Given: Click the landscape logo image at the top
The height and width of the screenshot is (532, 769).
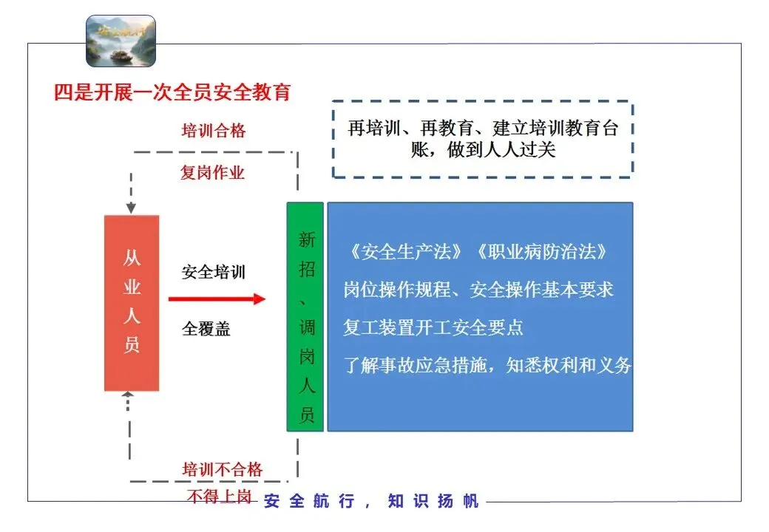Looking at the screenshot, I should coord(121,41).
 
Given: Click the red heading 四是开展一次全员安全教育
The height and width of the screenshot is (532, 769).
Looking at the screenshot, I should coord(172,92).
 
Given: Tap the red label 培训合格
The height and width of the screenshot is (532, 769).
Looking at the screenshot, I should coord(214,132).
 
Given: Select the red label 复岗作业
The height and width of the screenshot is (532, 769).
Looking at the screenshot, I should coord(213,173).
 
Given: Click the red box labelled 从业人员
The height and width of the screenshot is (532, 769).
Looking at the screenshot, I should coord(132,302).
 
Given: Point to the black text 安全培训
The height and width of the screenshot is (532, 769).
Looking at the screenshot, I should coord(214,272).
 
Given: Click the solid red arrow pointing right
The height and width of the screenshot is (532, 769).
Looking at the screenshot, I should coord(216,299).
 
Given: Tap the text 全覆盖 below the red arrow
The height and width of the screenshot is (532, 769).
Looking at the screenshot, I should coord(206,329).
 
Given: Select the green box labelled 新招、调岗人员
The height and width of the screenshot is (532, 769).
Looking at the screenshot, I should coord(305,316).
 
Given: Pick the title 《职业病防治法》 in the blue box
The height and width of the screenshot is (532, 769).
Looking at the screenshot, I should coord(541,252).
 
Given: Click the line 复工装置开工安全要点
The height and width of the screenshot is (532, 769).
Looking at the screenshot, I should coord(433,327).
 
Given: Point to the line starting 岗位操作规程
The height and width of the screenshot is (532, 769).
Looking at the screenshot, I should coord(478,290).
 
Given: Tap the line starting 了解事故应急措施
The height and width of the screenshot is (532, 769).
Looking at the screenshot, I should coord(487,365).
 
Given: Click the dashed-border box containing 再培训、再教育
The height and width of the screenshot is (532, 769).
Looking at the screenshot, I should coord(482,140).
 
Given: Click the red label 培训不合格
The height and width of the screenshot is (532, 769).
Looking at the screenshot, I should coord(223,470).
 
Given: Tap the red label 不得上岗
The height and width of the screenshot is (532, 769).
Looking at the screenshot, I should coord(219,497).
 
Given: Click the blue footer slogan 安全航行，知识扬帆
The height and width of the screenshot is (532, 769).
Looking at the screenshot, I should coord(371,502).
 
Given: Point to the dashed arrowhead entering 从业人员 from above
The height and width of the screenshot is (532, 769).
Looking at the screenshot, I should coord(131,208).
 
